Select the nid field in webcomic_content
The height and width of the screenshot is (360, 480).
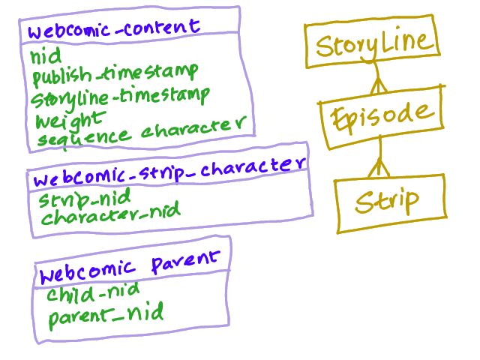[x=46, y=56]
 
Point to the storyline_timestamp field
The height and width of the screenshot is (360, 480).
[x=121, y=97]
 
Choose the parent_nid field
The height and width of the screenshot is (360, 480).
[x=106, y=316]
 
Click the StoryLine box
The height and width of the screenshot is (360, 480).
[x=373, y=44]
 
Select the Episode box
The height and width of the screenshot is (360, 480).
[x=382, y=114]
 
